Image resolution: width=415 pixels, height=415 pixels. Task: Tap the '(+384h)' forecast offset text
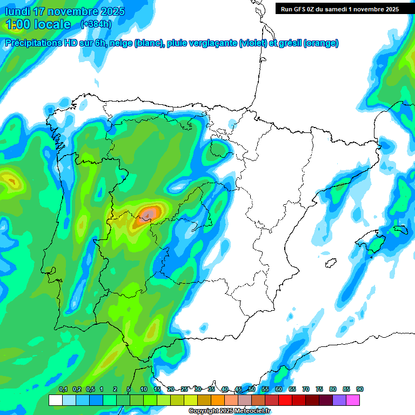pos(96,24)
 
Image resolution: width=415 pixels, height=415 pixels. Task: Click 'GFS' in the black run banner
pos(300,9)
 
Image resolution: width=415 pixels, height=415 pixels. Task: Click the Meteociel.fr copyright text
pos(230,411)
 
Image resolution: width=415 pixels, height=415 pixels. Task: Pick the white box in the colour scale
pos(55,400)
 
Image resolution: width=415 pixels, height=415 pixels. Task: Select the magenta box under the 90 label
pos(353,400)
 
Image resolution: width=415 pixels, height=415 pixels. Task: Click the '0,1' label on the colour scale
pos(63,390)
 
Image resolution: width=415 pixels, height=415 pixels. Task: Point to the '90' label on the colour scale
pos(360,390)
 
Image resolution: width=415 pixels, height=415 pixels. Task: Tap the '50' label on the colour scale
pos(252,390)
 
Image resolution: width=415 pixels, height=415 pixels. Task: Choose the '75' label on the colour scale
pos(319,390)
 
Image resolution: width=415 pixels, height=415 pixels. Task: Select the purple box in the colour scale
pos(339,400)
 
